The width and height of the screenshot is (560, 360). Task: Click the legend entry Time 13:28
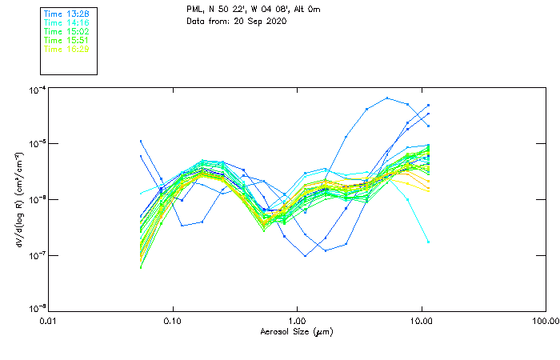tap(66, 13)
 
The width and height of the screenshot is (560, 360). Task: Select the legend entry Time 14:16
tap(66, 22)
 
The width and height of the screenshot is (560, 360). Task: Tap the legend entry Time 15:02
tap(66, 30)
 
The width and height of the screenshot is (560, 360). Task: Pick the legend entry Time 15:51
tap(66, 40)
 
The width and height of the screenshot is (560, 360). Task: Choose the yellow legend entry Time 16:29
tap(66, 49)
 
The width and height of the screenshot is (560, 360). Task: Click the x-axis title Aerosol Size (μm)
tap(297, 331)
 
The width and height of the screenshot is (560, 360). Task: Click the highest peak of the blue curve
tap(387, 98)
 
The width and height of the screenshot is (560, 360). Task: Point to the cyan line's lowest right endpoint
tap(428, 242)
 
